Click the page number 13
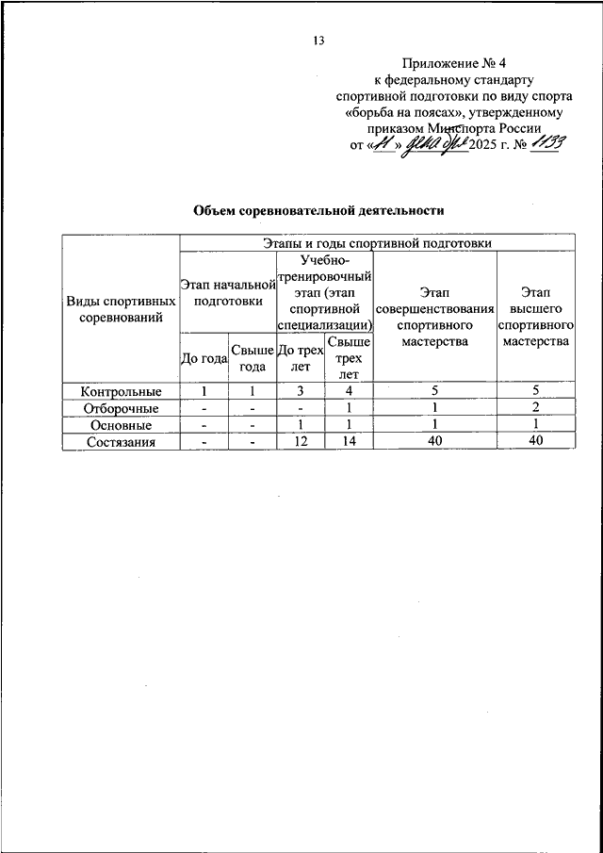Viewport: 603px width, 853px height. (318, 40)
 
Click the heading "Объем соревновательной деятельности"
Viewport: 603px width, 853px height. (318, 209)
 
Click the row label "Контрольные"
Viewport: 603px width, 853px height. (121, 391)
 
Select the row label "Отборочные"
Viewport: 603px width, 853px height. (121, 408)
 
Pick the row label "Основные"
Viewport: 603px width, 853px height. (121, 425)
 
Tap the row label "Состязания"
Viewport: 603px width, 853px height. (121, 442)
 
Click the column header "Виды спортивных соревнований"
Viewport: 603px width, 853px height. (121, 309)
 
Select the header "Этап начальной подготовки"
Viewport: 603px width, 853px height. (227, 292)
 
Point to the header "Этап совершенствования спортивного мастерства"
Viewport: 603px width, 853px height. (434, 317)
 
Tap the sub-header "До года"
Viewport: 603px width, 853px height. (204, 358)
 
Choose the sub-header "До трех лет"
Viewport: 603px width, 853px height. (301, 358)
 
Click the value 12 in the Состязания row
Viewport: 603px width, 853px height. (301, 442)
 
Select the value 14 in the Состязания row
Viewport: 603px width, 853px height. (349, 442)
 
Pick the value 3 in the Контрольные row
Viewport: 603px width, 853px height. (301, 391)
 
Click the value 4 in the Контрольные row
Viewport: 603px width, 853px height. (349, 391)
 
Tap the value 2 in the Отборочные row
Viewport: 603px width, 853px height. (534, 408)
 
